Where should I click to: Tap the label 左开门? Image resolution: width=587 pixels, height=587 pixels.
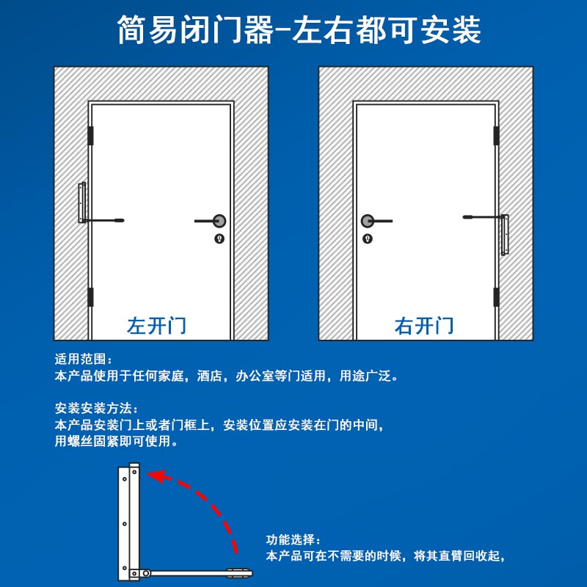point(156,325)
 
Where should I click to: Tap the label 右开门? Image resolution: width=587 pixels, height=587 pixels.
point(424,325)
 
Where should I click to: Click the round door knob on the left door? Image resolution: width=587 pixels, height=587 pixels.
point(219,221)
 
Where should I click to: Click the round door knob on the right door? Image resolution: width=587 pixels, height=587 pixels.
point(368,221)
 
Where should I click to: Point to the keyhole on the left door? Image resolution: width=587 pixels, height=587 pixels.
point(219,238)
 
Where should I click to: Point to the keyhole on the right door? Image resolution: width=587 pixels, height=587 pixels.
point(368,238)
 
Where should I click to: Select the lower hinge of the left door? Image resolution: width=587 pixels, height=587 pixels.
point(92,297)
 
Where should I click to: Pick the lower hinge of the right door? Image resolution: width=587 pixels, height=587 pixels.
point(496,297)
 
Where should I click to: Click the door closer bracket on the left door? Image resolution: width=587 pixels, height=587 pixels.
point(82,203)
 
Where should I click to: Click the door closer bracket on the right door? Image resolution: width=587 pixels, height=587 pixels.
point(505,235)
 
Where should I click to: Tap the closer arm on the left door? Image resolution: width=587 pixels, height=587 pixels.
point(106,219)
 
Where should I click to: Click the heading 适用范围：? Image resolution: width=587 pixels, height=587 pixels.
point(84,360)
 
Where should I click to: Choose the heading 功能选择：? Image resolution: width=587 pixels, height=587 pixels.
point(293,540)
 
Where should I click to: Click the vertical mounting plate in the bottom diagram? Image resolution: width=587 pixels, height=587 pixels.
point(128,521)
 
